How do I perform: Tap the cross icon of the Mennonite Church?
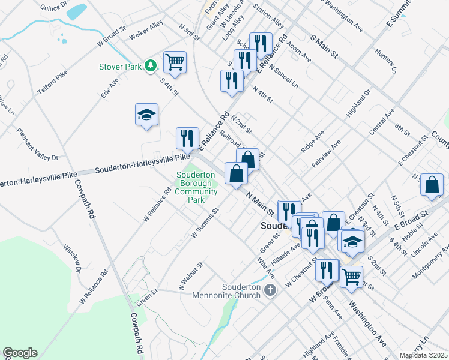click(270, 291)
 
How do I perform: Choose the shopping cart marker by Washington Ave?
click(351, 276)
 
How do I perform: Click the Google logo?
click(20, 353)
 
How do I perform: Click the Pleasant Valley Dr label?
click(37, 145)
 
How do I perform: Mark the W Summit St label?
click(204, 223)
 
